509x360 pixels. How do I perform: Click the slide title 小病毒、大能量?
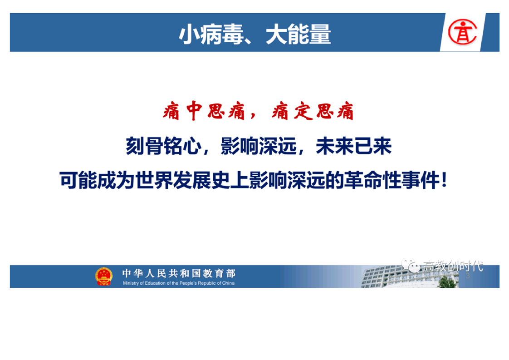coord(255,34)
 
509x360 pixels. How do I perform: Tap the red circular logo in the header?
coord(462,32)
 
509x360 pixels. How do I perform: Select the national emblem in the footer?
coord(103,276)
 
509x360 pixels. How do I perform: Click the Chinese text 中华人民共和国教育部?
coord(179,273)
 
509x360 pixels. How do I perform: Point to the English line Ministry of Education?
coord(179,283)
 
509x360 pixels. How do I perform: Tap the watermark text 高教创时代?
coord(453,266)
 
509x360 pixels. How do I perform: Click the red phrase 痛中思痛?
coord(204,111)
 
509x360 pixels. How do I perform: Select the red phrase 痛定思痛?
coord(313,111)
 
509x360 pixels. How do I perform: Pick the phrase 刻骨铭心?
coord(164,146)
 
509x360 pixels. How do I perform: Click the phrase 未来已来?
coord(354,146)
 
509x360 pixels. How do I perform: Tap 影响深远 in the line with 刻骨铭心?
coord(259,146)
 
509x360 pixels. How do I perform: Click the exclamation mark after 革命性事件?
coord(445,180)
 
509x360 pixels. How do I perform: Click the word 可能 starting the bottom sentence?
coord(78,180)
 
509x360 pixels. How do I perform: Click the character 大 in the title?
coord(276,34)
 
